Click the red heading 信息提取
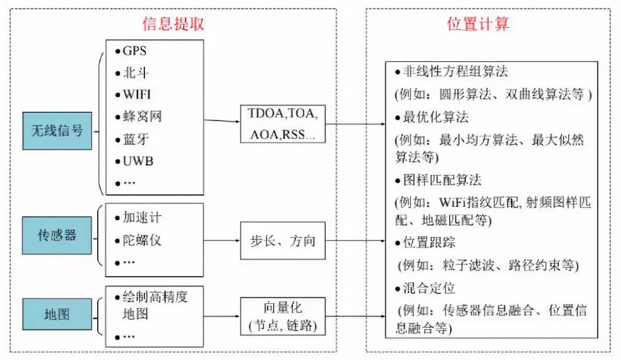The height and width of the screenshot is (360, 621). click(173, 24)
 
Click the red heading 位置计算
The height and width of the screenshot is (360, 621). click(478, 24)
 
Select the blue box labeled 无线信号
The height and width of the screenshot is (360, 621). click(57, 131)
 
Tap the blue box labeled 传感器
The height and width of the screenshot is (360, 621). click(57, 235)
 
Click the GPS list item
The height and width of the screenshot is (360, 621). click(135, 51)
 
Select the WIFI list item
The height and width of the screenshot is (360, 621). click(137, 94)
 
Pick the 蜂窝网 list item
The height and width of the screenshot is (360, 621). click(142, 117)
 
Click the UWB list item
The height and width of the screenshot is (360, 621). click(138, 160)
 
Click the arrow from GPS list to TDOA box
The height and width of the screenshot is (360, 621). click(222, 121)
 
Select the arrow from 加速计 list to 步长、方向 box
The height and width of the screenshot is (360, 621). click(222, 240)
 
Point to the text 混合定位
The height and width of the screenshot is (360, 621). click(430, 288)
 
